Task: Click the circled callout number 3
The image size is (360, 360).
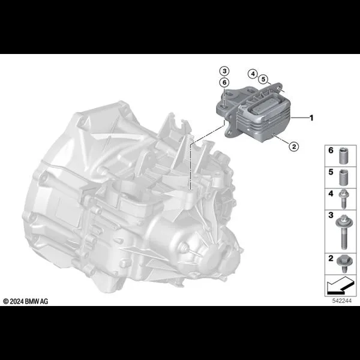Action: pos(224,71)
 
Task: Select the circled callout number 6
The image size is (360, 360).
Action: pos(224,82)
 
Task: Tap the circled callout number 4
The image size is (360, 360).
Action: pos(253,74)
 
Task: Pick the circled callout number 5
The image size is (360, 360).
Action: pos(263,79)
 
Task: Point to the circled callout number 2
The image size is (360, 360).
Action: pos(294,146)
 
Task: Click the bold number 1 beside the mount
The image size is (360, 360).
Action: pos(311,118)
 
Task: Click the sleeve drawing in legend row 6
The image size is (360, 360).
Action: pos(343,155)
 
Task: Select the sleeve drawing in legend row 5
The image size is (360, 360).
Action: pos(343,178)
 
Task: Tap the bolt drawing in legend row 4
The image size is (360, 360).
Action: pos(343,199)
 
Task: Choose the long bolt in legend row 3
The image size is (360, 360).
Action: pos(343,232)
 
